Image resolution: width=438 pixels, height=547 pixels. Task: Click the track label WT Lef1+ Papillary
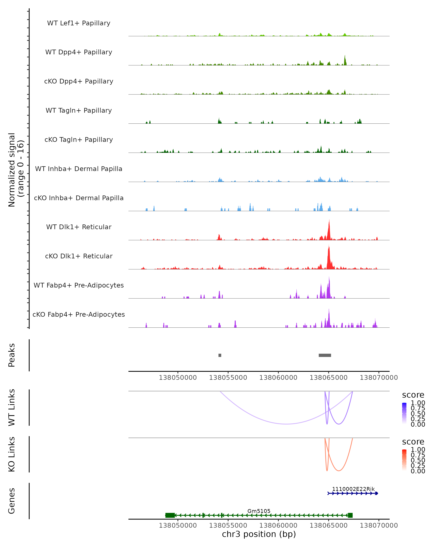(x=79, y=23)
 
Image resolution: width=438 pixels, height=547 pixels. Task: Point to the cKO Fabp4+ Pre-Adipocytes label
(x=79, y=314)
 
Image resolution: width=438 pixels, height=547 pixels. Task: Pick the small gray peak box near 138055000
(x=220, y=355)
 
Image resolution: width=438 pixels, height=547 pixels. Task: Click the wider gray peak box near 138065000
(x=325, y=355)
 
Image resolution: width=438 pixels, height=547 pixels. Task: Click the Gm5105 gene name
(x=259, y=511)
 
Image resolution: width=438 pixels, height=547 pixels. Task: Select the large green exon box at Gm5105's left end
(x=170, y=515)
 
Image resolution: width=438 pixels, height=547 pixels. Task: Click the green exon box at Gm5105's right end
(x=350, y=515)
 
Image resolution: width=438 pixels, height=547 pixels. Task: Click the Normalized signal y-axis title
(x=16, y=170)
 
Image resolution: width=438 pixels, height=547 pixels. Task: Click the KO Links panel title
(x=12, y=454)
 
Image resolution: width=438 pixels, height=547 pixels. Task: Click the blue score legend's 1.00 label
(x=418, y=403)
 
